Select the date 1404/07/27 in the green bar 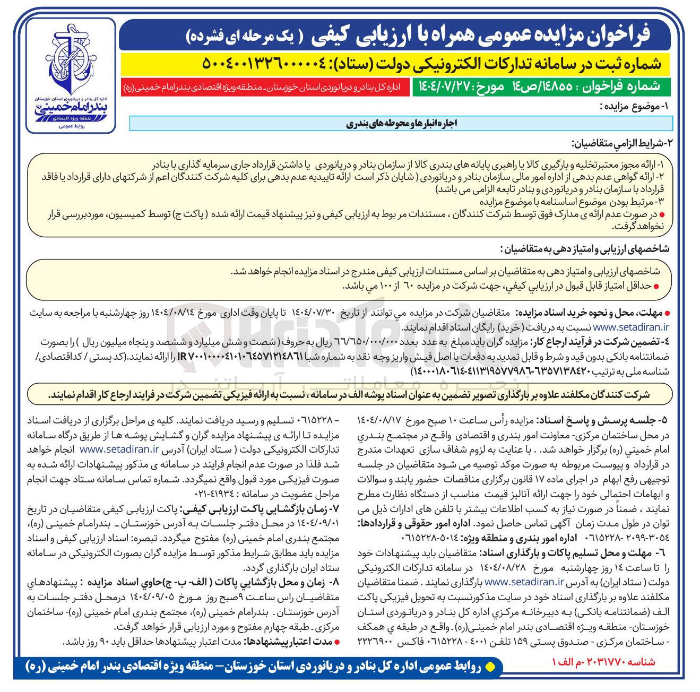[440, 87]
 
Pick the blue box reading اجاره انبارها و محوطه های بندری [401, 124]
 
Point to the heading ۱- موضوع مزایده [637, 106]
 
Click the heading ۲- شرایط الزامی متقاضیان [621, 143]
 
